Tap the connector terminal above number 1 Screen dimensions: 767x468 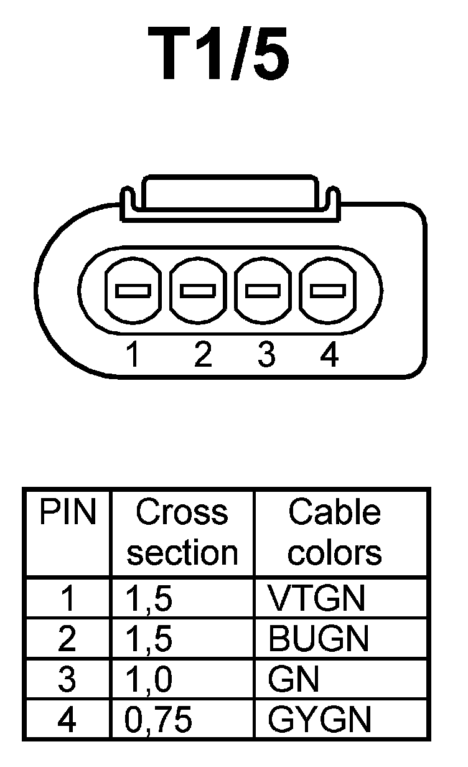click(133, 290)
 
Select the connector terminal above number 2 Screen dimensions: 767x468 click(198, 290)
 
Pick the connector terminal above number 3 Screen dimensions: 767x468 click(263, 290)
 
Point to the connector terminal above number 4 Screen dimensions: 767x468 click(328, 290)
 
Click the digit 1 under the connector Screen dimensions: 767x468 click(132, 355)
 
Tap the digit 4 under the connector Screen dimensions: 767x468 click(329, 355)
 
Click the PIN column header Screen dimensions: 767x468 click(68, 513)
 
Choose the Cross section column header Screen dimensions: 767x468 click(182, 532)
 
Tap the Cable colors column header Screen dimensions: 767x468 click(335, 532)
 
